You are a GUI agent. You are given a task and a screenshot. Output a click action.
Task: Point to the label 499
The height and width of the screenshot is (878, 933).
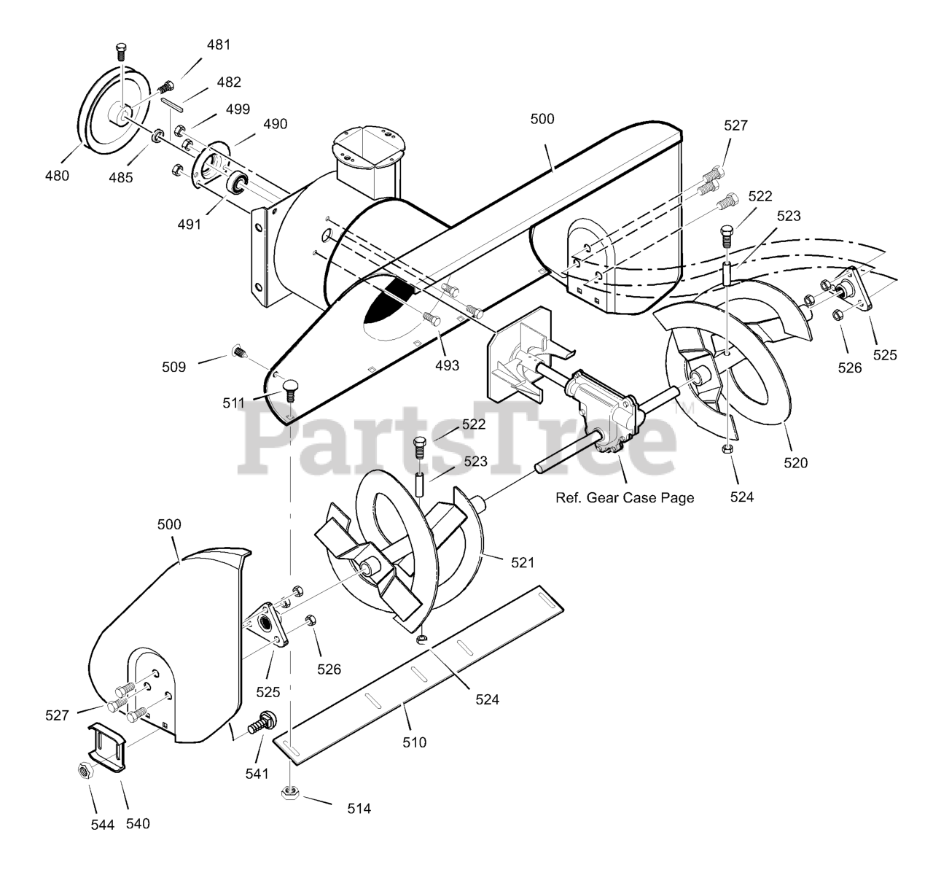[238, 109]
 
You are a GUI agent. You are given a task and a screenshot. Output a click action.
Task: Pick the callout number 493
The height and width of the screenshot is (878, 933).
[447, 365]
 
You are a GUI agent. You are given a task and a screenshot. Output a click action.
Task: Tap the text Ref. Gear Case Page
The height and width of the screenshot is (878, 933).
[625, 498]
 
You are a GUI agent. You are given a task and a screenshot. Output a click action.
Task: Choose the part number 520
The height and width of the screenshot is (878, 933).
[796, 462]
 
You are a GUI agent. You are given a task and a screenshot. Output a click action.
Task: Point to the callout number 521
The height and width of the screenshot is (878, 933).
[522, 562]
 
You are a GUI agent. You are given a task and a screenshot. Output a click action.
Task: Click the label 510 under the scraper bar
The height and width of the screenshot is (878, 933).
[414, 743]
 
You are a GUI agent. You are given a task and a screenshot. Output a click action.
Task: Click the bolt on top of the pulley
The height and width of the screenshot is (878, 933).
[121, 52]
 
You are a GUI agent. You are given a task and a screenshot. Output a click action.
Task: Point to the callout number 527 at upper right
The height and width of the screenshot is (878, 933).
[736, 125]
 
